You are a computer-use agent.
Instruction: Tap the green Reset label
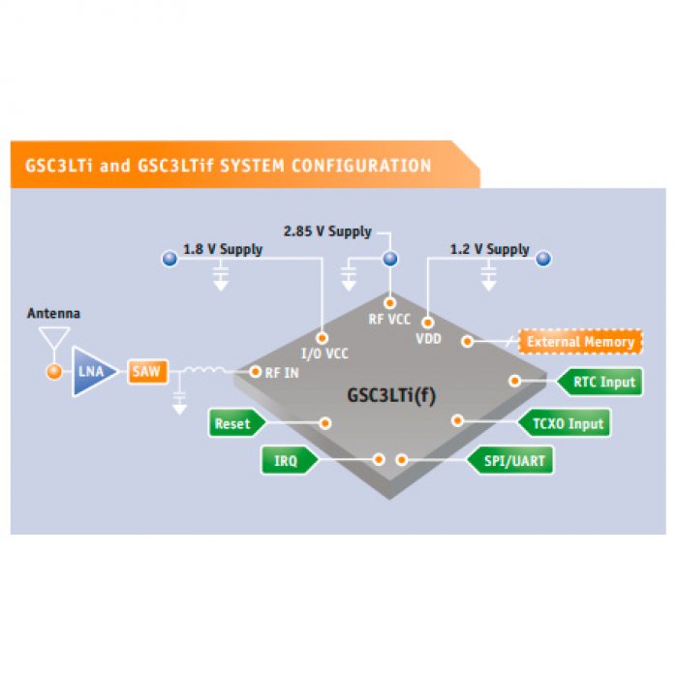231,423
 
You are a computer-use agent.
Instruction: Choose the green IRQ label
286,460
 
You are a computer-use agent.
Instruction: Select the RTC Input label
603,382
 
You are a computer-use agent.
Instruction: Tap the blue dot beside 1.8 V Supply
169,258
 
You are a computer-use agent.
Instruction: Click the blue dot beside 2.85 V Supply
390,259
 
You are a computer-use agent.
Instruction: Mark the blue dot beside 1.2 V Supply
543,258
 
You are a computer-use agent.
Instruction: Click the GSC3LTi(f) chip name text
391,395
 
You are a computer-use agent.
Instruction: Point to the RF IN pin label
281,372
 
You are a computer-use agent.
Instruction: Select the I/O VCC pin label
324,354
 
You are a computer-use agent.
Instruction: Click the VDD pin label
428,340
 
